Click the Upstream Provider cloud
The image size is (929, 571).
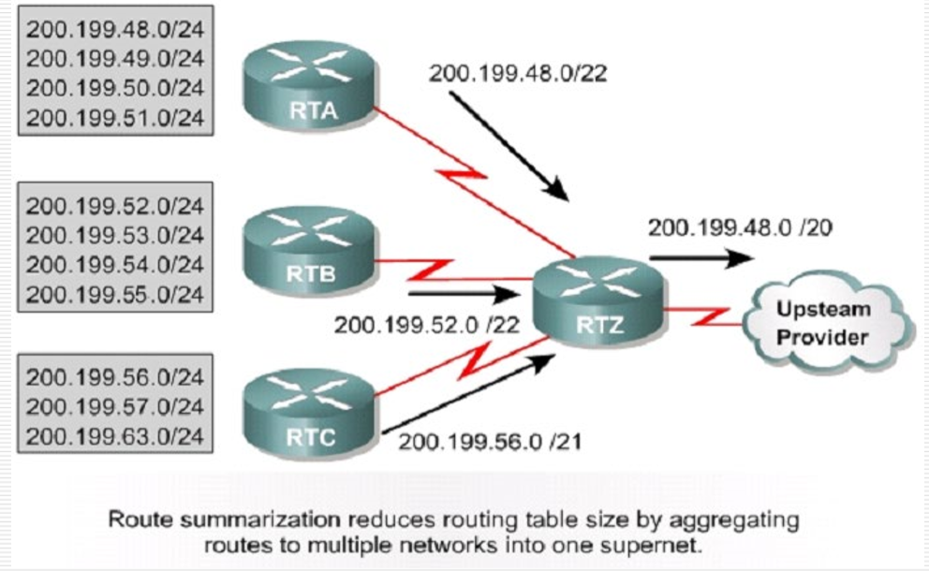pyautogui.click(x=824, y=323)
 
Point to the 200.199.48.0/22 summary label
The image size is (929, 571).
pyautogui.click(x=517, y=73)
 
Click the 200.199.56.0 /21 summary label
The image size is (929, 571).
pyautogui.click(x=489, y=440)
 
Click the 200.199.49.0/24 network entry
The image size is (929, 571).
pyautogui.click(x=115, y=58)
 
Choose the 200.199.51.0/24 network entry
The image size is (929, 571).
pyautogui.click(x=115, y=118)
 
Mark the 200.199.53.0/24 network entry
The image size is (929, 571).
pyautogui.click(x=115, y=235)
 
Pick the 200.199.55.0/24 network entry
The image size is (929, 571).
pyautogui.click(x=115, y=295)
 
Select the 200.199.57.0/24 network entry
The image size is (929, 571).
pyautogui.click(x=115, y=407)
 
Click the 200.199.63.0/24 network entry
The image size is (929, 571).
pyautogui.click(x=115, y=437)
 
